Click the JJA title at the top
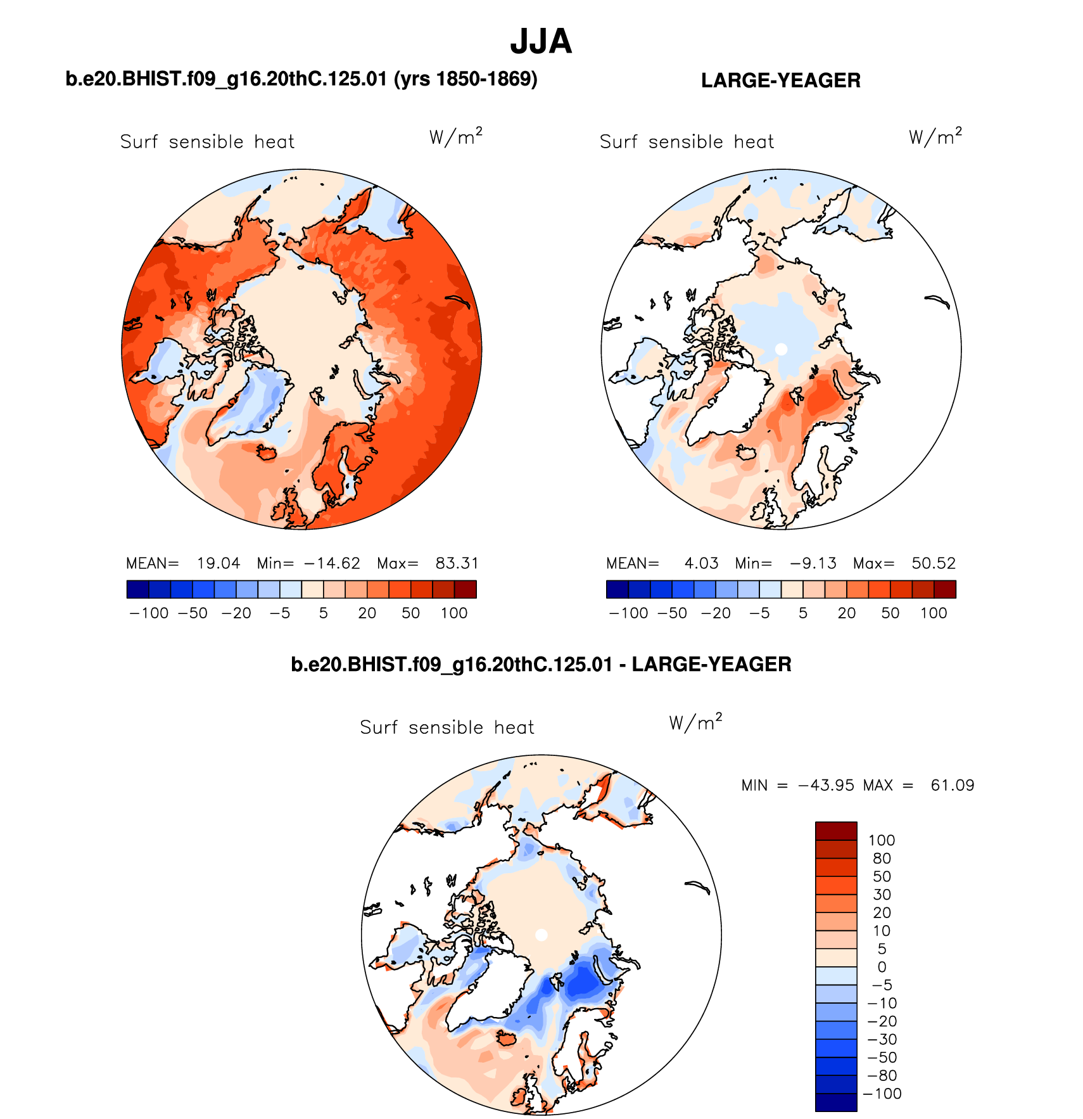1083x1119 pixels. [x=541, y=42]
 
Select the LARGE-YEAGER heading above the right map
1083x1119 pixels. [x=780, y=80]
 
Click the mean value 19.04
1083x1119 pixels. [x=218, y=563]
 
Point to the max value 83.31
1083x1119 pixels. [x=457, y=563]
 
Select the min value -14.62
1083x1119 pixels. [x=332, y=563]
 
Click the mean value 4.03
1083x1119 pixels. [x=701, y=563]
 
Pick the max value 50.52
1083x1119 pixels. [x=934, y=563]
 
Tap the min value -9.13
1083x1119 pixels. [x=813, y=563]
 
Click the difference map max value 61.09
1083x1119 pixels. [x=952, y=786]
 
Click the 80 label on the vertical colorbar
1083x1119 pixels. [x=882, y=859]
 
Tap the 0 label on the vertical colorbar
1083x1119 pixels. [x=882, y=967]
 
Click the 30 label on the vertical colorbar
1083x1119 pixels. [x=882, y=895]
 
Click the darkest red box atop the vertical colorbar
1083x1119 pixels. [x=836, y=831]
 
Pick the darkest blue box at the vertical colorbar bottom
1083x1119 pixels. [x=836, y=1102]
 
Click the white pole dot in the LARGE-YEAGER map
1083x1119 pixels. [x=781, y=349]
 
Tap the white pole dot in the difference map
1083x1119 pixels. [x=541, y=935]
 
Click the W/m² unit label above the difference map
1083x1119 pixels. [x=695, y=722]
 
